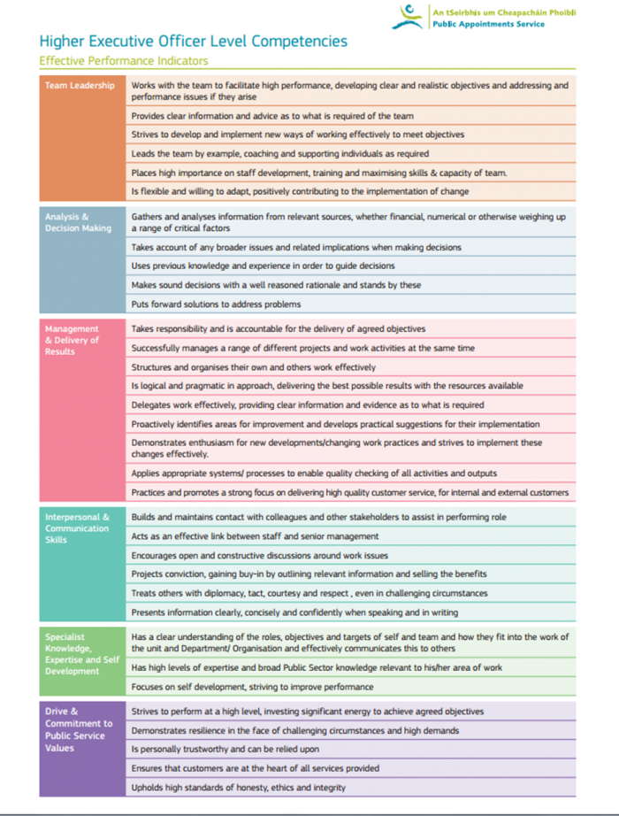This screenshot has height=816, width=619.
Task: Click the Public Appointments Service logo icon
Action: pyautogui.click(x=409, y=16)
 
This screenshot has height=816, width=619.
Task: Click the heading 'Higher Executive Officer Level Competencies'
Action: pyautogui.click(x=193, y=42)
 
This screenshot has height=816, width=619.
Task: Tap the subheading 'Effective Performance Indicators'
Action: pyautogui.click(x=124, y=61)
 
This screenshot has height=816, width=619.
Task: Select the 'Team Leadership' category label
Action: pyautogui.click(x=80, y=86)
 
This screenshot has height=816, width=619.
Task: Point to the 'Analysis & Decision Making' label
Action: pyautogui.click(x=79, y=222)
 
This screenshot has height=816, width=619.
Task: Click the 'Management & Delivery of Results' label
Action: pyautogui.click(x=73, y=340)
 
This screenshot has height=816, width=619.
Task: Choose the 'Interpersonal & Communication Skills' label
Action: pyautogui.click(x=78, y=528)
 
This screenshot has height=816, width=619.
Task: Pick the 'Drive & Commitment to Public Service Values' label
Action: pyautogui.click(x=79, y=729)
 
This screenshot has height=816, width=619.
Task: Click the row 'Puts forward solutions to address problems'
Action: pyautogui.click(x=216, y=304)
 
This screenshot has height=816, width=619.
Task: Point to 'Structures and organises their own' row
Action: pyautogui.click(x=253, y=366)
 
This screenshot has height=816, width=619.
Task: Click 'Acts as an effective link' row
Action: pyautogui.click(x=255, y=536)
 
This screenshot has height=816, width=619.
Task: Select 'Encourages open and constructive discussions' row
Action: pyautogui.click(x=259, y=556)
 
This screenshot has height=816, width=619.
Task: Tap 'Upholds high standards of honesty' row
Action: pyautogui.click(x=238, y=787)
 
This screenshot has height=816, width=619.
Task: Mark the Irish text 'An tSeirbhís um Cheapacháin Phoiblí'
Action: pyautogui.click(x=502, y=12)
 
